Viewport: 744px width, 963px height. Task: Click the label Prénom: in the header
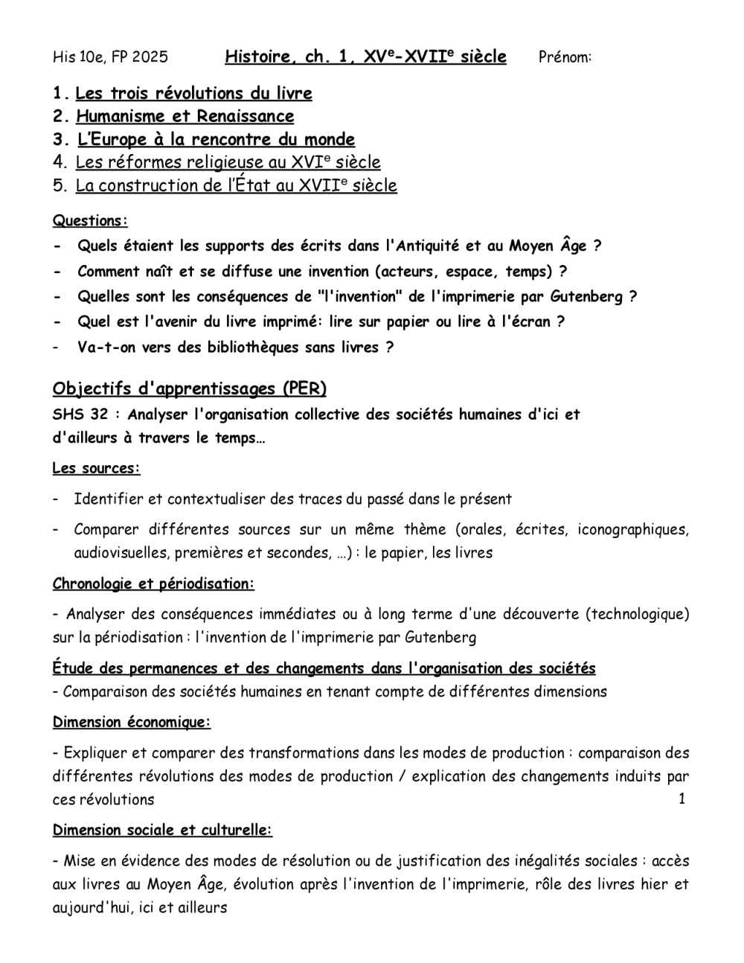point(565,57)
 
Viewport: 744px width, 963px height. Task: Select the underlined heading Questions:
point(90,221)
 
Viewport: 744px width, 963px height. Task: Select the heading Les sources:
point(96,469)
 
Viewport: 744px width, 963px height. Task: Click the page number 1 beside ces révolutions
point(682,799)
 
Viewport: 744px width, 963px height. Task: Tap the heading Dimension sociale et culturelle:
point(162,831)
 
